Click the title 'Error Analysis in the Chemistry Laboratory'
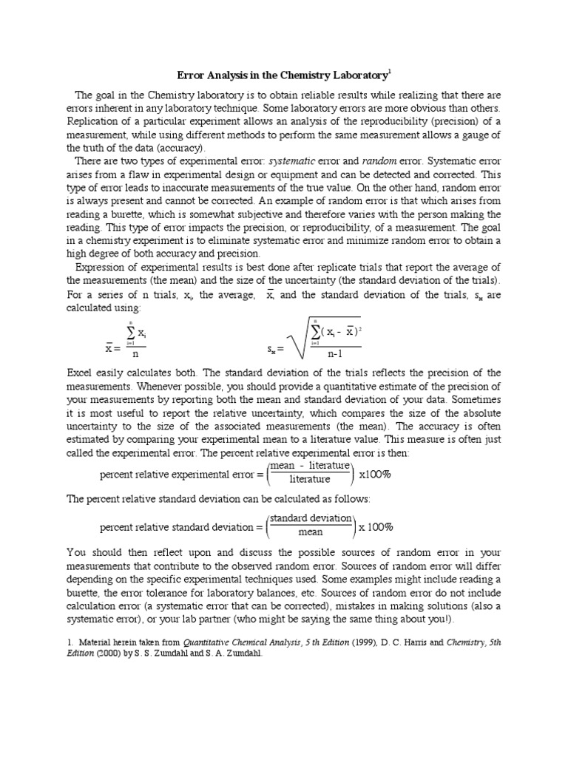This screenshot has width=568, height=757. (x=282, y=75)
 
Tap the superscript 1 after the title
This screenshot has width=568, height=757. (x=390, y=72)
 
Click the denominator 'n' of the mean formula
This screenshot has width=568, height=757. (x=135, y=353)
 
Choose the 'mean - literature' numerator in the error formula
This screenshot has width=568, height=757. (x=310, y=466)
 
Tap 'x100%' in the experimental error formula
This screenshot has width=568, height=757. (x=374, y=474)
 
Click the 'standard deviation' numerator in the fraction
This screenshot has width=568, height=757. (x=310, y=518)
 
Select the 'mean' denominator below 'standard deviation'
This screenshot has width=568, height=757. (x=310, y=532)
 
